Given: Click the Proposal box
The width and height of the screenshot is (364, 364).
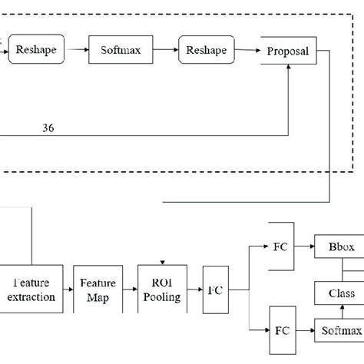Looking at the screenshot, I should (288, 51).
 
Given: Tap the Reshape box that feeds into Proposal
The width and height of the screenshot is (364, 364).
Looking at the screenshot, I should (205, 51).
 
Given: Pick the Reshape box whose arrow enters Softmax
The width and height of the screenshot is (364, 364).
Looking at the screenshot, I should (36, 51).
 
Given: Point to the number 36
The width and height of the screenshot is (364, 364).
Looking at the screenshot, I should (48, 127).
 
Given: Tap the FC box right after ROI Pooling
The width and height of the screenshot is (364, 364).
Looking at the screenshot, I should (216, 291).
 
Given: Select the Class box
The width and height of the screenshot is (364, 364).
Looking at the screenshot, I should (336, 293).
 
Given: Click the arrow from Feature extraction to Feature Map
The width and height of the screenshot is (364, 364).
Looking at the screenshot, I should (68, 290).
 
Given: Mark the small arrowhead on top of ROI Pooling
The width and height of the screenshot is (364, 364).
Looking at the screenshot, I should (162, 261).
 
